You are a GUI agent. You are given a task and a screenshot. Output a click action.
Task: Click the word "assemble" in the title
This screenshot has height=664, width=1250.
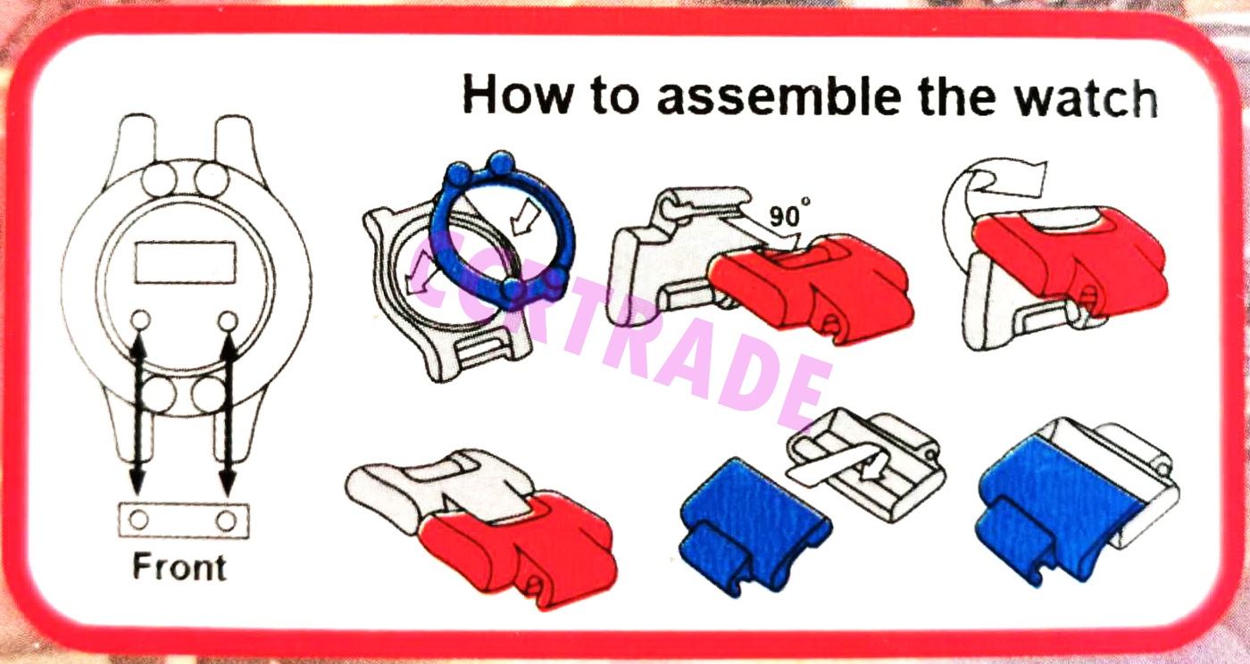click(x=779, y=96)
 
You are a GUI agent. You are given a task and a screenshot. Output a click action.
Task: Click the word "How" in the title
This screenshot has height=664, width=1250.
click(x=517, y=94)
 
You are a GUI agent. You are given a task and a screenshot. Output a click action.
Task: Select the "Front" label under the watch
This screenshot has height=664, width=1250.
click(x=179, y=567)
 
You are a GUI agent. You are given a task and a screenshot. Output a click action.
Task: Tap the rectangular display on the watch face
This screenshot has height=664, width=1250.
click(x=186, y=262)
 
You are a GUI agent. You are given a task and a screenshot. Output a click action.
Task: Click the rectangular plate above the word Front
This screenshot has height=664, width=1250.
click(x=184, y=521)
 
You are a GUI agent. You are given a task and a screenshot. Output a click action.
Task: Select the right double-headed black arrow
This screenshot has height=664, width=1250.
click(x=228, y=413)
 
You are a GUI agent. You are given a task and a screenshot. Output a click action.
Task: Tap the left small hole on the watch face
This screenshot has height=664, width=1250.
click(x=141, y=320)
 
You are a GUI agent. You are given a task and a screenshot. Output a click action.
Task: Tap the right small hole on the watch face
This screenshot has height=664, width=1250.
click(x=228, y=321)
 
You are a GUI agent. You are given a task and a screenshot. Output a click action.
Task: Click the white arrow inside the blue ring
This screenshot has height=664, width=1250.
click(x=525, y=217)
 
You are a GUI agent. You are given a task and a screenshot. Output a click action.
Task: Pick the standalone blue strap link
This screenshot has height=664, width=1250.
click(x=754, y=527)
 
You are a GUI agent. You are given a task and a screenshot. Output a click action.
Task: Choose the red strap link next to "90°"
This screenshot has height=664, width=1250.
click(x=812, y=287)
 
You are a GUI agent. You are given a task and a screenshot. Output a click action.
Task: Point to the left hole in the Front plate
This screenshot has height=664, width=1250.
click(x=139, y=520)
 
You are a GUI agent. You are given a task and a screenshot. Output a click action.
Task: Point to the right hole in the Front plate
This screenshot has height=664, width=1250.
click(x=227, y=521)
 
